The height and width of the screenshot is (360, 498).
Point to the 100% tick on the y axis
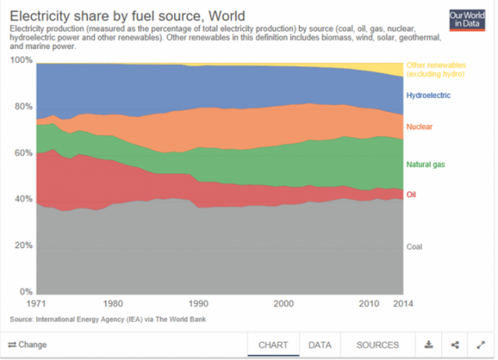pyautogui.click(x=21, y=61)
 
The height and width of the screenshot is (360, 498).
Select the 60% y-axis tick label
pyautogui.click(x=23, y=153)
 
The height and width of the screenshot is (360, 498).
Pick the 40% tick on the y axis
pyautogui.click(x=23, y=200)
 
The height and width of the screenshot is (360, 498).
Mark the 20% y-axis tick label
pyautogui.click(x=23, y=246)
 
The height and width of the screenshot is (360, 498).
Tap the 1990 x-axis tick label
pyautogui.click(x=198, y=304)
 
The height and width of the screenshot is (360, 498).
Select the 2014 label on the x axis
pyautogui.click(x=404, y=304)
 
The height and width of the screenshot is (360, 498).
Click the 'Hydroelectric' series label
pyautogui.click(x=429, y=95)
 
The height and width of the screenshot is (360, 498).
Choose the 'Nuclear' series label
pyautogui.click(x=419, y=126)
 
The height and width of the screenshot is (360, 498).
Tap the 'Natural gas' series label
pyautogui.click(x=426, y=165)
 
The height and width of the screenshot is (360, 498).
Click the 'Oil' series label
pyautogui.click(x=412, y=194)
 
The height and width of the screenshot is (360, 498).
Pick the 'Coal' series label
pyautogui.click(x=416, y=246)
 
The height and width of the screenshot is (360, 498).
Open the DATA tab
pyautogui.click(x=320, y=344)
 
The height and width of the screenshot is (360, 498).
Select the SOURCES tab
pyautogui.click(x=377, y=344)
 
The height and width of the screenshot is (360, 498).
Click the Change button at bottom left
pyautogui.click(x=27, y=344)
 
